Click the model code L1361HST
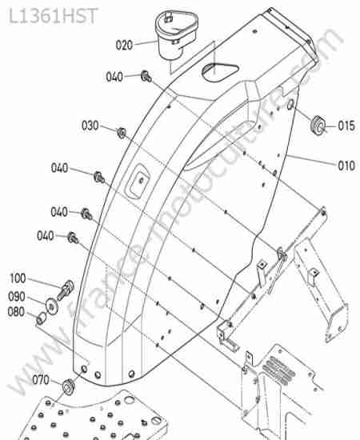(54, 16)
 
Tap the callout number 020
(124, 45)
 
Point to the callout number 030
(90, 126)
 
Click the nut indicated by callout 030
(122, 133)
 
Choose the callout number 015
(346, 126)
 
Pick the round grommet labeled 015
(318, 125)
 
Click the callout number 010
(346, 166)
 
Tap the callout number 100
(18, 278)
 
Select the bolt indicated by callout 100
(66, 290)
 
